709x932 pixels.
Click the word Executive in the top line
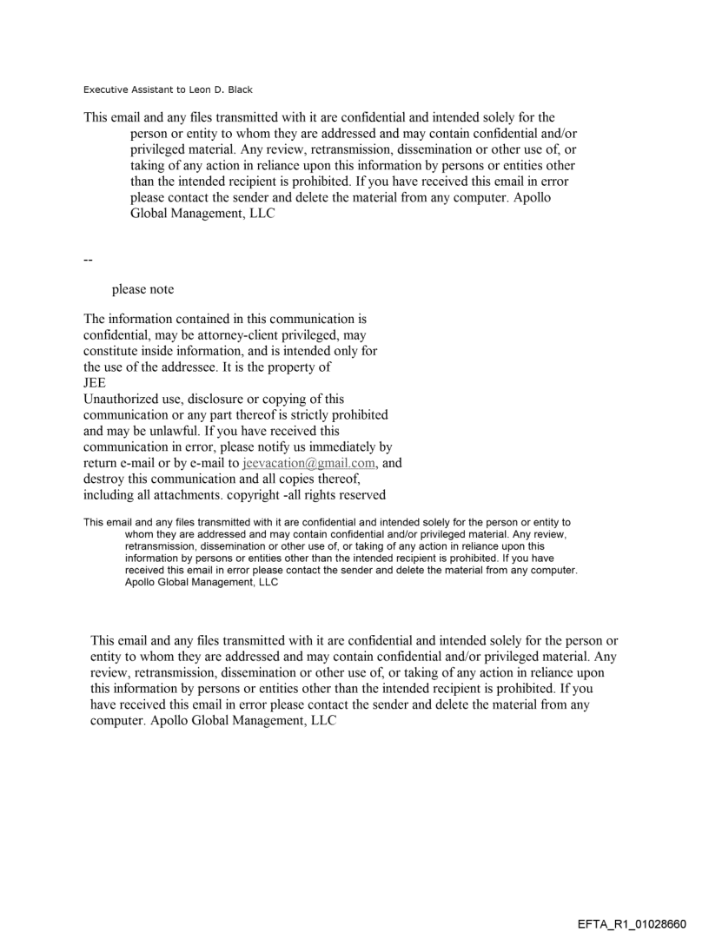(x=104, y=89)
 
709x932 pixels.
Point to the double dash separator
(x=88, y=259)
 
